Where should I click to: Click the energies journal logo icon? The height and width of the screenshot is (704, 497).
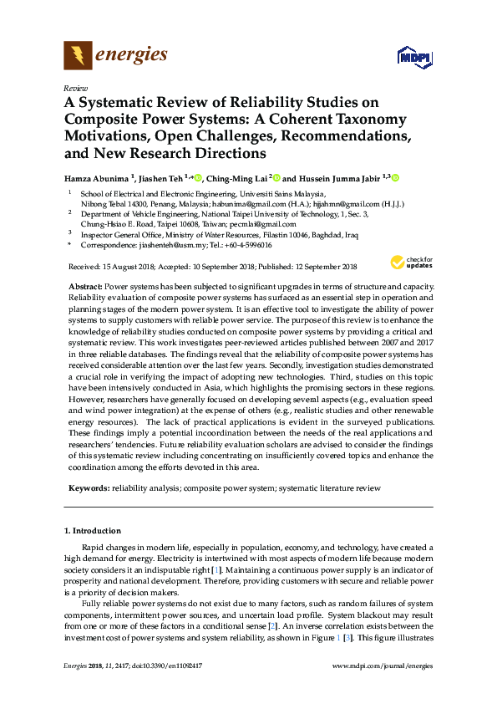coord(78,56)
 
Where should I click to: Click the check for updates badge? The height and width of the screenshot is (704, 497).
coord(411,263)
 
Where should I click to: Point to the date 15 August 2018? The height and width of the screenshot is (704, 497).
coord(128,267)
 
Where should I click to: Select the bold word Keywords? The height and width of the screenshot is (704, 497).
coord(86,487)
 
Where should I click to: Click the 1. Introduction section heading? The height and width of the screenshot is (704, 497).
coord(93,531)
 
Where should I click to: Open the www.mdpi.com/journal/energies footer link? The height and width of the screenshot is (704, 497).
coord(383,666)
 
